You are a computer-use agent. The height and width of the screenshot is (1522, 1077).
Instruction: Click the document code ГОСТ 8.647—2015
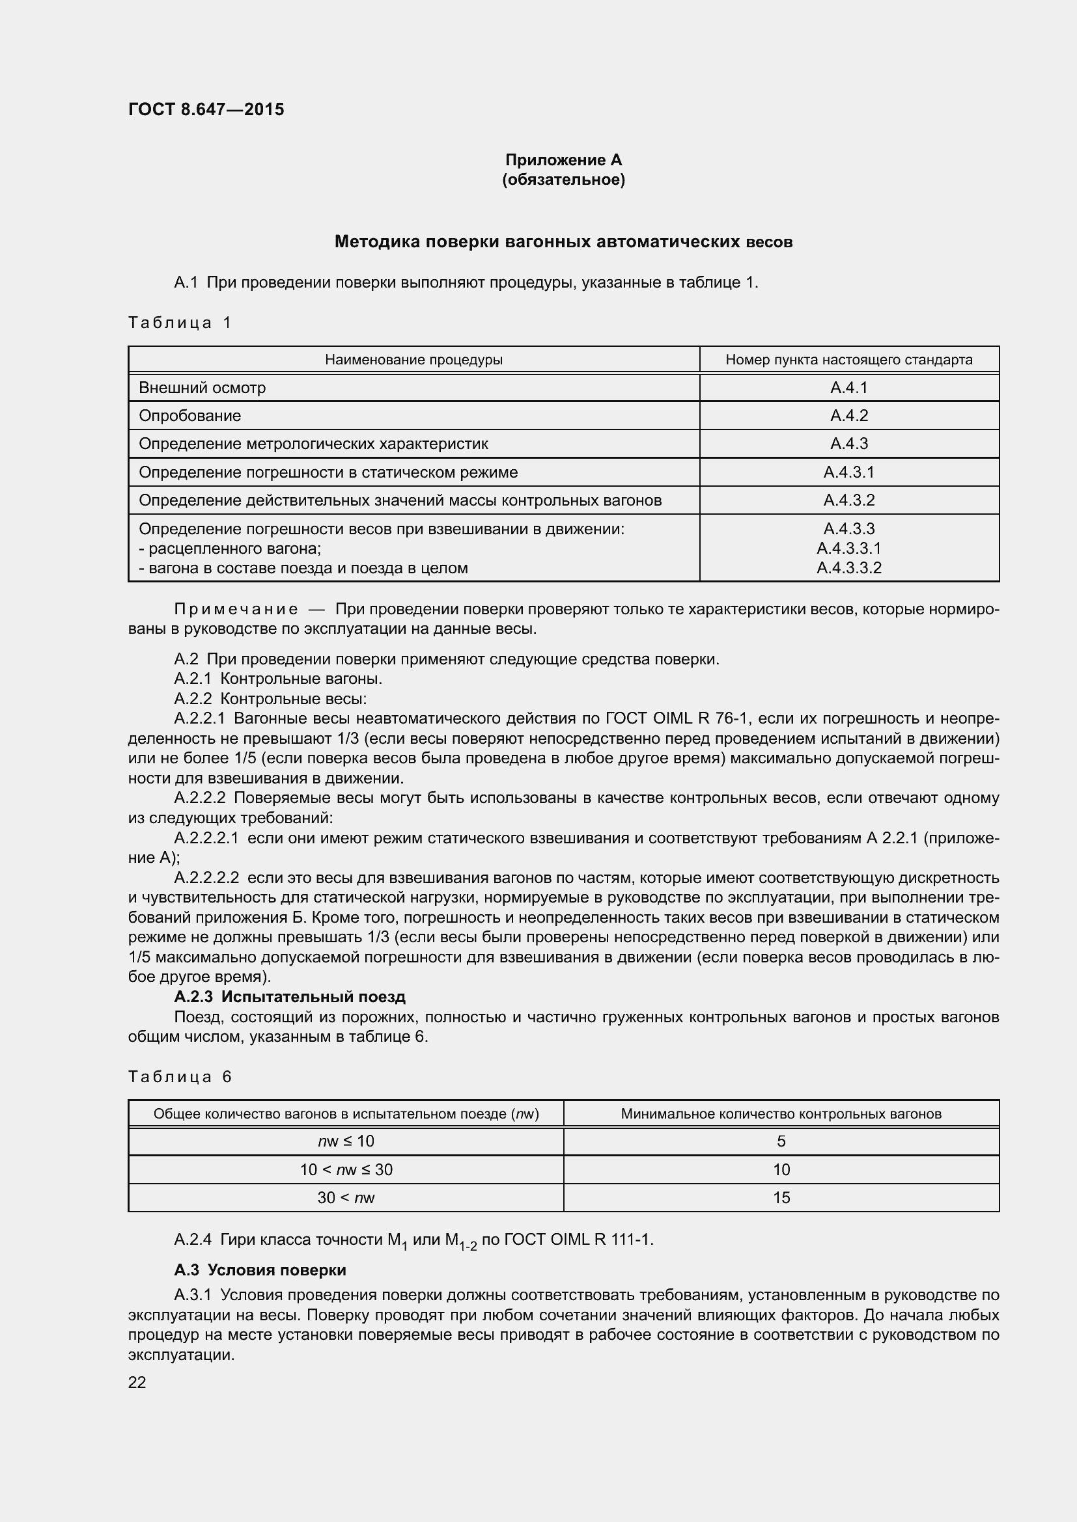click(206, 109)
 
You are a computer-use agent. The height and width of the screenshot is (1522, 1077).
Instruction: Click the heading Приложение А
click(563, 160)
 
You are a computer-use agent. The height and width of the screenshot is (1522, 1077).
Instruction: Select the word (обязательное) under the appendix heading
click(563, 180)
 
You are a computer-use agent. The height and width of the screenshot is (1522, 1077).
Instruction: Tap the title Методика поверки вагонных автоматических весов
click(563, 242)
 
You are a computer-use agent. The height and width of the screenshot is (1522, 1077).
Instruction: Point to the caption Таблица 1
click(180, 323)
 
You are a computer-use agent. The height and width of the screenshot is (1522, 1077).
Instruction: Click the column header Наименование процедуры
click(413, 359)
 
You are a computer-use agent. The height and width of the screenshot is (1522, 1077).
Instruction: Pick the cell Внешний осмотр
click(203, 388)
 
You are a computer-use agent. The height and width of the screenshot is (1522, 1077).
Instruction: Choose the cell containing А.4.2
click(849, 416)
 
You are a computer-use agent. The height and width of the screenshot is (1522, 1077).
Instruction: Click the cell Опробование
click(189, 416)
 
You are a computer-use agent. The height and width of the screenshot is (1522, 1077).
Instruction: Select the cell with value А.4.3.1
click(849, 472)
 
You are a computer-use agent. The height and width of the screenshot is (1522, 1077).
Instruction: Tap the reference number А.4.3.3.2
click(849, 568)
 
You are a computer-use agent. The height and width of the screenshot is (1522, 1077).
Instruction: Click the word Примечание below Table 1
click(236, 609)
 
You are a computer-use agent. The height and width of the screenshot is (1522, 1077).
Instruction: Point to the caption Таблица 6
click(180, 1077)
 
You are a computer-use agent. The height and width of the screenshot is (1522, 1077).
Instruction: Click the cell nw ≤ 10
click(346, 1141)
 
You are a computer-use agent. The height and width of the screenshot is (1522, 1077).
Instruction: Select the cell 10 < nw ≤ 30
click(346, 1170)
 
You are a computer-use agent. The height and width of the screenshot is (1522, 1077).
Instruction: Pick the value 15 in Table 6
click(781, 1198)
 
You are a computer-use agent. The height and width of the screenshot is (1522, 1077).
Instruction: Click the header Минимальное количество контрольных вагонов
click(781, 1113)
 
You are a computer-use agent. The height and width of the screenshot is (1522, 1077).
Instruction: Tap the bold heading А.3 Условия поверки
click(260, 1270)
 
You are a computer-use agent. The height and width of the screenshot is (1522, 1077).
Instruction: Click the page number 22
click(137, 1383)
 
